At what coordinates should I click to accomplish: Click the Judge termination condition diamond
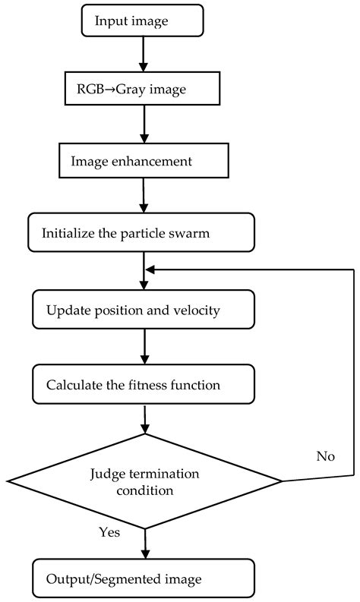coord(144,480)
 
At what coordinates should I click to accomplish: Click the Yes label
coord(109,532)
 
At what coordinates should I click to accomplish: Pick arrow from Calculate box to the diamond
coord(144,419)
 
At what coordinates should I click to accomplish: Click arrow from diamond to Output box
coord(144,544)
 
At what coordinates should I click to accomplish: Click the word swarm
coord(191,233)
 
